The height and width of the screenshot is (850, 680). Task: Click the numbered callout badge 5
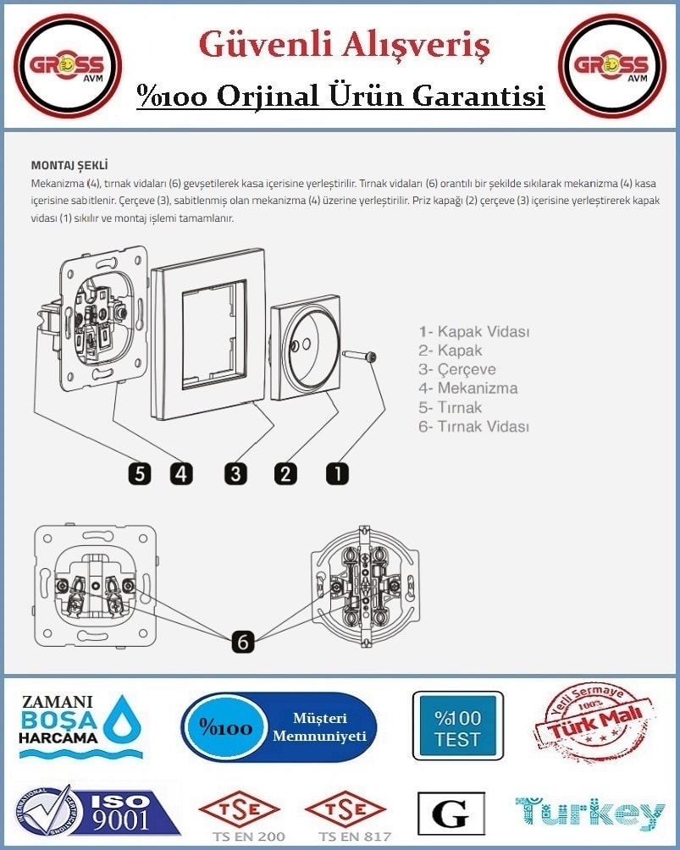tap(140, 474)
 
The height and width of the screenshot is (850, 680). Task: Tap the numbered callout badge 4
tap(181, 474)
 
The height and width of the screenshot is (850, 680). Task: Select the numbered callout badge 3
tap(235, 474)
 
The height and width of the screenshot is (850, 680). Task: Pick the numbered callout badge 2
tap(285, 474)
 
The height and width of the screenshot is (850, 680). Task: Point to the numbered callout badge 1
tap(337, 474)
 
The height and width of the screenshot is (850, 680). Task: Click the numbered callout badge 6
tap(243, 641)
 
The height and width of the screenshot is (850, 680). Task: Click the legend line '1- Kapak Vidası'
tap(474, 331)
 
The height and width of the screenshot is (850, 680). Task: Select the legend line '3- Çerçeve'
tap(457, 369)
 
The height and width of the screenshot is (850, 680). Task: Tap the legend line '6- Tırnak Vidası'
tap(473, 426)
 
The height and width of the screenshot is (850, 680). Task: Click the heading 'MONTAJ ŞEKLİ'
tap(69, 165)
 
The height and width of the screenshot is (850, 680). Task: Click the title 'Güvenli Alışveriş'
tap(345, 45)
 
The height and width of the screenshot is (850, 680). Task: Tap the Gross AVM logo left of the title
tap(68, 66)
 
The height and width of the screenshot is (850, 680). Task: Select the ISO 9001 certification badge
tap(97, 811)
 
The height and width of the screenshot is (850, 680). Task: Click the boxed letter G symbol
tap(451, 813)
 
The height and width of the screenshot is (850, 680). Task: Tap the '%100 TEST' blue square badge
tap(457, 726)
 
